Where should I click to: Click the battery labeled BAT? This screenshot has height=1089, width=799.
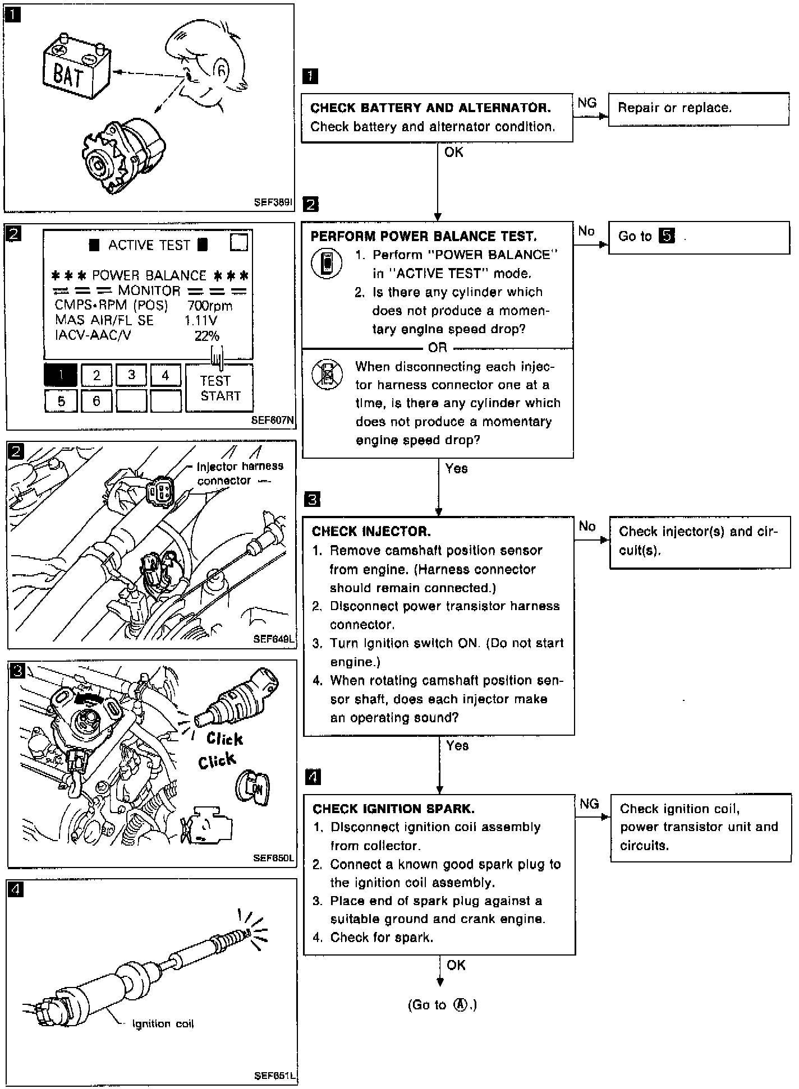coord(76,69)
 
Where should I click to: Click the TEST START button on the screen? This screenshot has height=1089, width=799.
coord(219,388)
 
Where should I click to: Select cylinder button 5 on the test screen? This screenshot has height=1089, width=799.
coord(61,401)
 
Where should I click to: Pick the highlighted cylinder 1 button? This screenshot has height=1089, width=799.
coord(61,375)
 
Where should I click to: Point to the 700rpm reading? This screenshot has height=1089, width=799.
coord(210,306)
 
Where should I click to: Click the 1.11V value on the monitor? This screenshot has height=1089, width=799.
coord(200,321)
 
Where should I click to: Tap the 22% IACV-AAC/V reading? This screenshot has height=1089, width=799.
coord(206,336)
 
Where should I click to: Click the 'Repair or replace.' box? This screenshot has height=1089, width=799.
coord(699,109)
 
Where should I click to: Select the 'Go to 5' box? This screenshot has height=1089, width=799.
coord(699,237)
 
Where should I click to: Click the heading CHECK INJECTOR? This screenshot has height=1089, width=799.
coord(371,531)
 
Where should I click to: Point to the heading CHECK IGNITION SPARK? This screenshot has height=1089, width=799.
coord(393,809)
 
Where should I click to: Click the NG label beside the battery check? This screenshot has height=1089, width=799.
coord(587,103)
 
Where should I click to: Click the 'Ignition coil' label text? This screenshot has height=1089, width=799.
coord(163,1024)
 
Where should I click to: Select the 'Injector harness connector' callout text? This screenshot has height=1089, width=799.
coord(240,473)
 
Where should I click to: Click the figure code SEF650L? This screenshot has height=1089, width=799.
coord(273,858)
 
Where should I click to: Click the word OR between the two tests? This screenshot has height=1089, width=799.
coord(438,348)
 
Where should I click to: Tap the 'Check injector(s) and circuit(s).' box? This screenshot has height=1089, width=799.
coord(699,541)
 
